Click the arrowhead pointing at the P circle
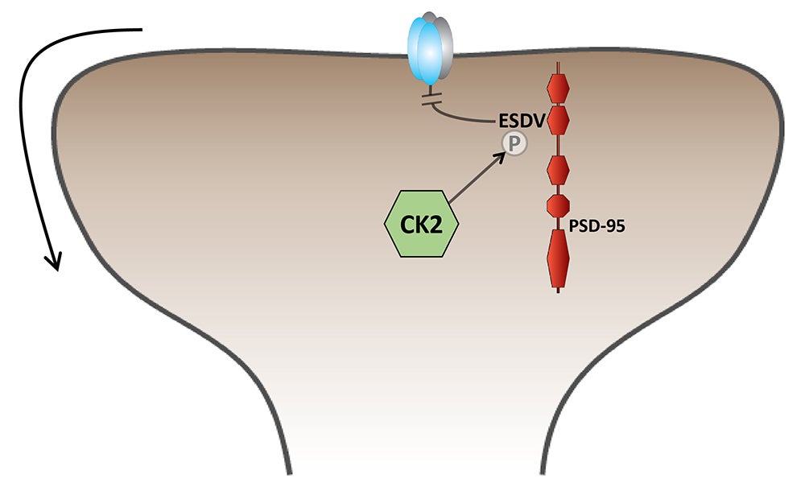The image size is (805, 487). click(502, 155)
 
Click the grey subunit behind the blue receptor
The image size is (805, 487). click(442, 44)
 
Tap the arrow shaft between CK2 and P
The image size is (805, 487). click(475, 180)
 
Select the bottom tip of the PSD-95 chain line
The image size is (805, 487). click(558, 291)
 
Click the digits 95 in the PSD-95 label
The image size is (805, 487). click(614, 227)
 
